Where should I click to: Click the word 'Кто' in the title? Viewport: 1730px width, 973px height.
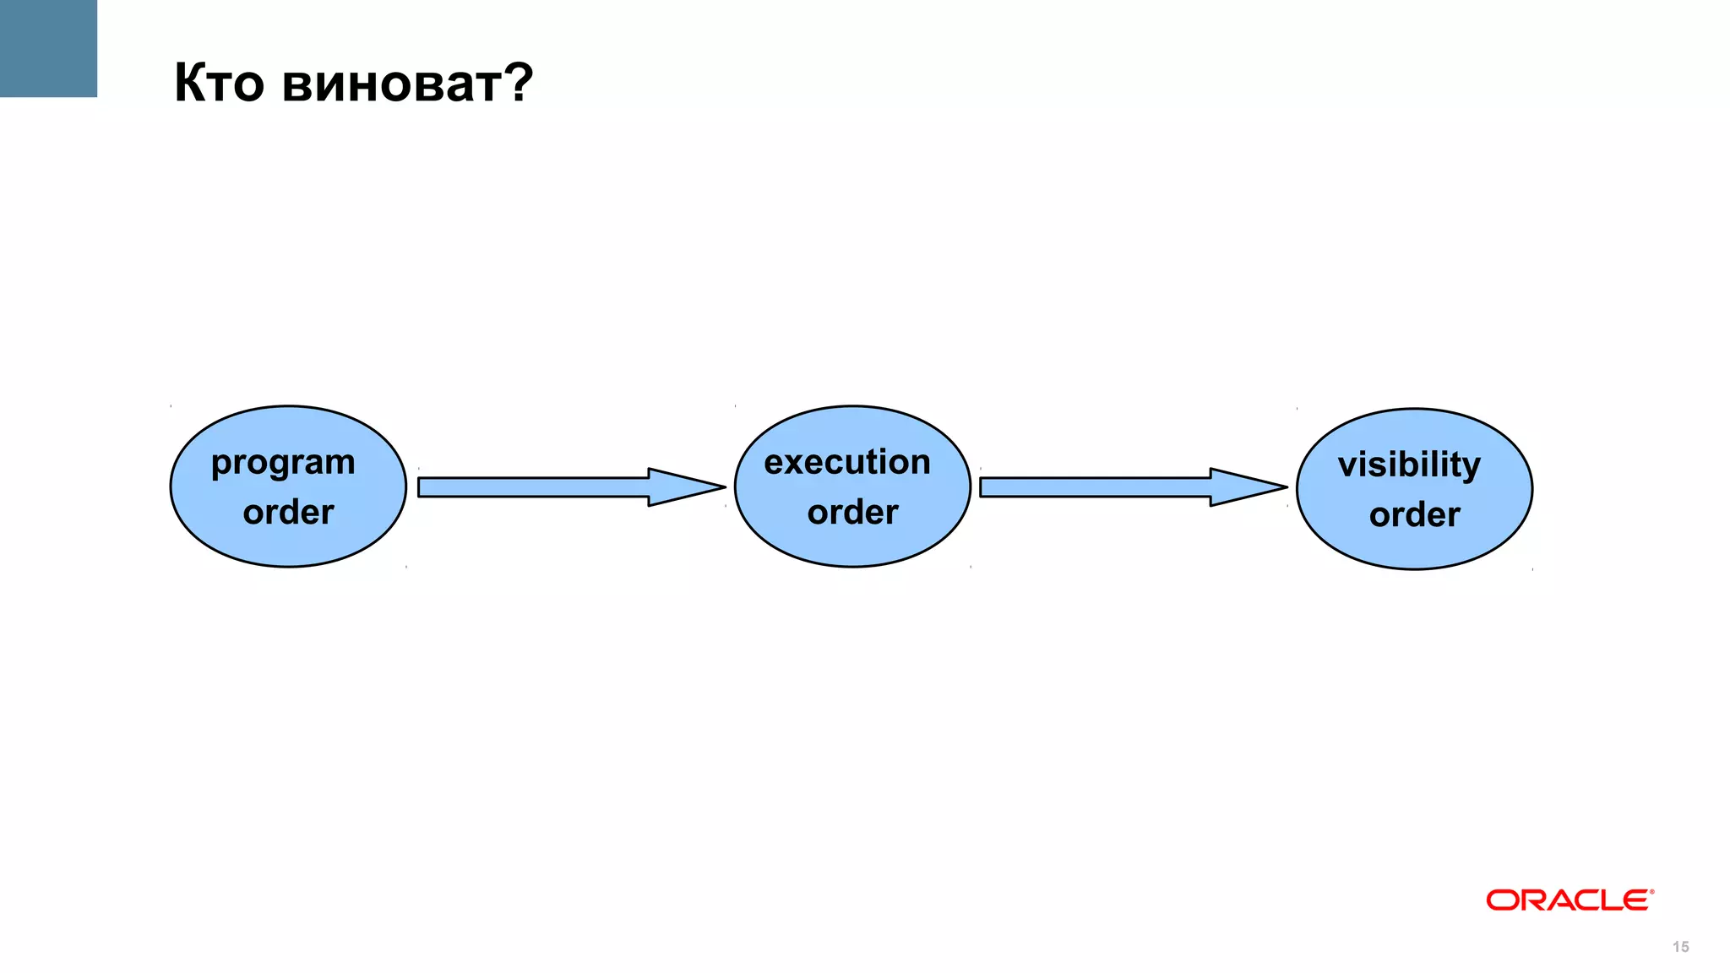[219, 83]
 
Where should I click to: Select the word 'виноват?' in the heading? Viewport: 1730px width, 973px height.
[407, 83]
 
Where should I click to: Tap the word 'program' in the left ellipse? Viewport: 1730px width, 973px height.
[283, 463]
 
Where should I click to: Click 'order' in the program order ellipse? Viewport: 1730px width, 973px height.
[288, 512]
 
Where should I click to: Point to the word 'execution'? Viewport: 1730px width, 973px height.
[847, 462]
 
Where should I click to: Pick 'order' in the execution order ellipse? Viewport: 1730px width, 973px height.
[852, 512]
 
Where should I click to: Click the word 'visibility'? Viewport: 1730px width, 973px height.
[1409, 465]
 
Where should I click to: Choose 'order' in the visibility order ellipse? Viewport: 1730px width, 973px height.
[1414, 514]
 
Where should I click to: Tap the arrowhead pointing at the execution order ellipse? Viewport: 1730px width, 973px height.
[684, 487]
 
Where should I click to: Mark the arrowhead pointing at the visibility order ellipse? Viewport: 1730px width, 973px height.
[1246, 487]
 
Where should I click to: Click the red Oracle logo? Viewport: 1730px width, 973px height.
[1568, 900]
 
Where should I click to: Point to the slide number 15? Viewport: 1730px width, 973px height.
[1680, 947]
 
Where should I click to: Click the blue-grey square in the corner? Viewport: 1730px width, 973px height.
[48, 48]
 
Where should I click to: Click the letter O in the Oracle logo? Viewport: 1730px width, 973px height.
[1502, 900]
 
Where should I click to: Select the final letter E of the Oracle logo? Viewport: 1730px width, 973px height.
[1635, 900]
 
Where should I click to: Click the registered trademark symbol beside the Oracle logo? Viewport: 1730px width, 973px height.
[1651, 891]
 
